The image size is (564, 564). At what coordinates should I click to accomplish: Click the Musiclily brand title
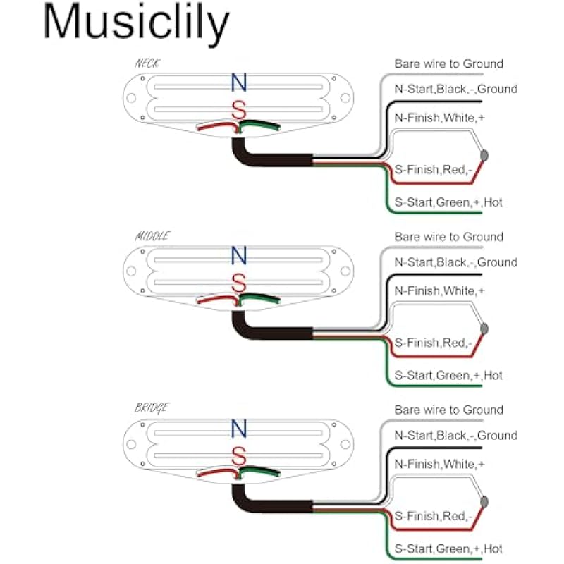136,24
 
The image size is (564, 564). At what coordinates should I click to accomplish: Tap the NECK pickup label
147,64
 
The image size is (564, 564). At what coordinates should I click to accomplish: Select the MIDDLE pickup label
152,236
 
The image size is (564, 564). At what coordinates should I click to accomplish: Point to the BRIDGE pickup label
152,408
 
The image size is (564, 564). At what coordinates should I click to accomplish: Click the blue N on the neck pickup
240,83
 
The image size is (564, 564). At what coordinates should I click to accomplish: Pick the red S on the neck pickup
240,110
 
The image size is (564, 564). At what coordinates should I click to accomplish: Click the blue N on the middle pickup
240,256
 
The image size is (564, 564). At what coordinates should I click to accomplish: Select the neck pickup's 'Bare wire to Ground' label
448,63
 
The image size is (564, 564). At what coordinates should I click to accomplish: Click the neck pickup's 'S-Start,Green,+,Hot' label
448,202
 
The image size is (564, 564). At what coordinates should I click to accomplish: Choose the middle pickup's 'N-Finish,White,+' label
439,290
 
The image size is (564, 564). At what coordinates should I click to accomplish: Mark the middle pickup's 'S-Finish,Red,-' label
432,343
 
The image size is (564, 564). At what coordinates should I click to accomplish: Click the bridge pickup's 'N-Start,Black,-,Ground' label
455,435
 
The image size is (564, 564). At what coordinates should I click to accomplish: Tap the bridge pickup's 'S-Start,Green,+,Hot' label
448,548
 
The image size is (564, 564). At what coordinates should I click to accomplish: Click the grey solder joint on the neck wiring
485,155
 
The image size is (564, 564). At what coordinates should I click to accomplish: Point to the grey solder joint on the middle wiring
485,328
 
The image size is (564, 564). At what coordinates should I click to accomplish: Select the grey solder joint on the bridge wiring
485,501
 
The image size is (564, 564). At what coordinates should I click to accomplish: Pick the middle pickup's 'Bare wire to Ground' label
448,237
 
